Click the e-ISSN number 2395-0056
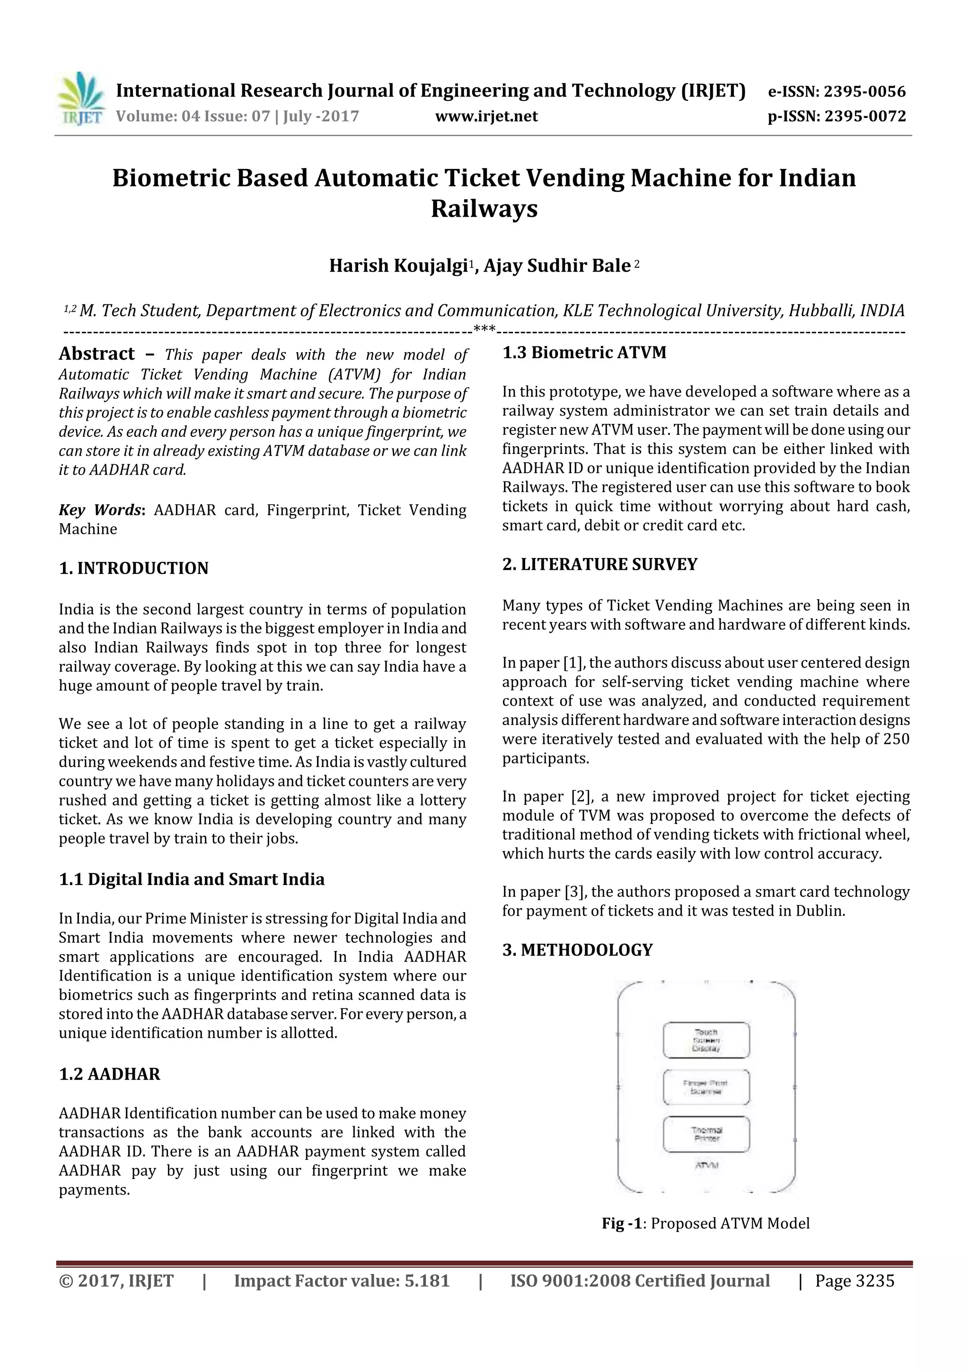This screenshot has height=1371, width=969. click(864, 92)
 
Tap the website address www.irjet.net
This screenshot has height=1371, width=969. click(486, 116)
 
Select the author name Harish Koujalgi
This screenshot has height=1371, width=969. click(397, 265)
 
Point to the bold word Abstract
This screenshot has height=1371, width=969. click(97, 354)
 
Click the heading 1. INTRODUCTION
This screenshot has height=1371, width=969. click(134, 568)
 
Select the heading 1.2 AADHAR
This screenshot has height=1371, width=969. click(109, 1074)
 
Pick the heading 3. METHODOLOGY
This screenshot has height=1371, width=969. click(577, 949)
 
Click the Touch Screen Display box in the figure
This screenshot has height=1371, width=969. click(706, 1040)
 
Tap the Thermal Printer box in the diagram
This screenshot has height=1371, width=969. click(706, 1134)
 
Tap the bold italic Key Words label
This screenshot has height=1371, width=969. click(100, 510)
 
